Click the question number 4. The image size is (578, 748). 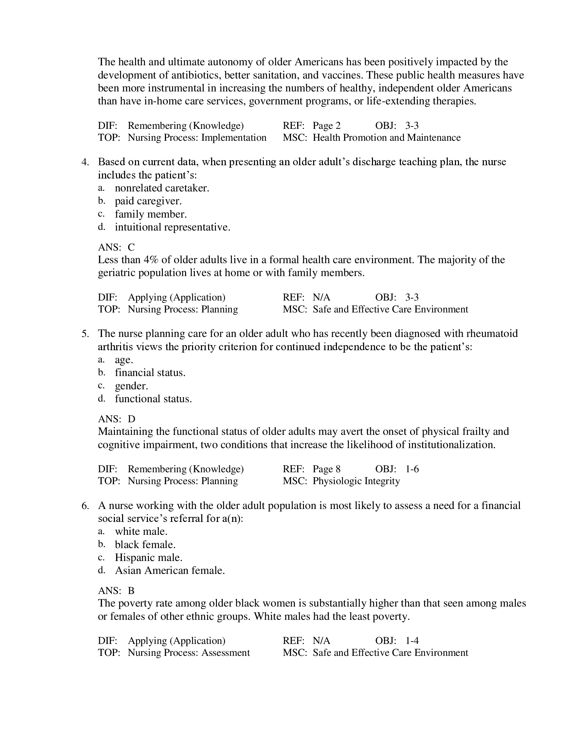click(x=85, y=161)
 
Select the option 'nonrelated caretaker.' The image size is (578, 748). click(x=161, y=188)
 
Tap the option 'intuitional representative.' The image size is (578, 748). click(x=172, y=227)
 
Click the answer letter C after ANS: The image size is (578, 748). click(x=131, y=247)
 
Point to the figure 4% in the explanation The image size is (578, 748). click(x=151, y=260)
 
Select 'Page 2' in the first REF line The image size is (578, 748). click(x=326, y=126)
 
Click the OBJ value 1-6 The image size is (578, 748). click(x=412, y=469)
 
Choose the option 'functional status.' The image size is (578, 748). click(x=153, y=399)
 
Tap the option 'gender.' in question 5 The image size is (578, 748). click(x=132, y=386)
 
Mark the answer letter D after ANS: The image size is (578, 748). click(x=132, y=419)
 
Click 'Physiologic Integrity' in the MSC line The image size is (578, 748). click(x=356, y=481)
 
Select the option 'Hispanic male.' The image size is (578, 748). click(x=148, y=557)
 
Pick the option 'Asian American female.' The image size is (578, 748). click(x=170, y=570)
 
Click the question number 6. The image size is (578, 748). click(x=85, y=505)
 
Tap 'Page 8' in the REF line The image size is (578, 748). click(x=326, y=469)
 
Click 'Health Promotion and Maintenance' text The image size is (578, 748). click(x=387, y=138)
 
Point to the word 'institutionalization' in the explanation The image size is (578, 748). click(x=451, y=445)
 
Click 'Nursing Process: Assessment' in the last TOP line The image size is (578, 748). click(x=189, y=652)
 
